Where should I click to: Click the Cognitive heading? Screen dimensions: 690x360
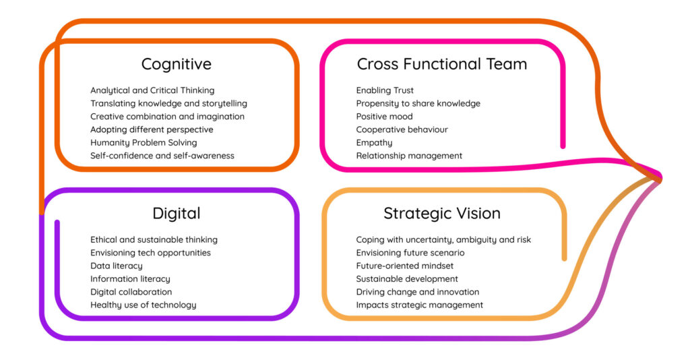(x=176, y=64)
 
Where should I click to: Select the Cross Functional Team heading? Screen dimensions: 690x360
(x=442, y=64)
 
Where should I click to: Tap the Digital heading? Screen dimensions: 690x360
(x=176, y=214)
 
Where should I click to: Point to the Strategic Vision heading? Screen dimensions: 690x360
(x=442, y=214)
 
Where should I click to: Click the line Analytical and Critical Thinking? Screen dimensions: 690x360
(x=152, y=90)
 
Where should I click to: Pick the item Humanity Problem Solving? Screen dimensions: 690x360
(x=144, y=143)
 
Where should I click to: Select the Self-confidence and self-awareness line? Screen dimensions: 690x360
(x=162, y=156)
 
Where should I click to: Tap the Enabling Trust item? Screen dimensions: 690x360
(x=385, y=90)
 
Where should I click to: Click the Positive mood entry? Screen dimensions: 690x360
(x=384, y=117)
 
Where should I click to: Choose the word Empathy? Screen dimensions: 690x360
(x=374, y=143)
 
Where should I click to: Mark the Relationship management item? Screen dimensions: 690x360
(x=409, y=156)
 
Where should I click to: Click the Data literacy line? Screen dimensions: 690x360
(x=116, y=266)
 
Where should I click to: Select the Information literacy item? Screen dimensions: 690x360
(x=130, y=279)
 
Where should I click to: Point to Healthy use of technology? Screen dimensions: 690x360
(x=143, y=305)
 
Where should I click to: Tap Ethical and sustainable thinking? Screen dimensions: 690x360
(x=154, y=240)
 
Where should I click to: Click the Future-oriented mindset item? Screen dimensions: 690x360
(x=404, y=266)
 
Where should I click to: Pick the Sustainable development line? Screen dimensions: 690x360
(x=406, y=279)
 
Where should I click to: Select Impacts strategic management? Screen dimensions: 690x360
(x=419, y=305)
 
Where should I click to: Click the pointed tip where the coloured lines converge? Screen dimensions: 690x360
(x=660, y=178)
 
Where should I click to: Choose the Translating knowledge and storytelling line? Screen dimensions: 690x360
(x=168, y=104)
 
